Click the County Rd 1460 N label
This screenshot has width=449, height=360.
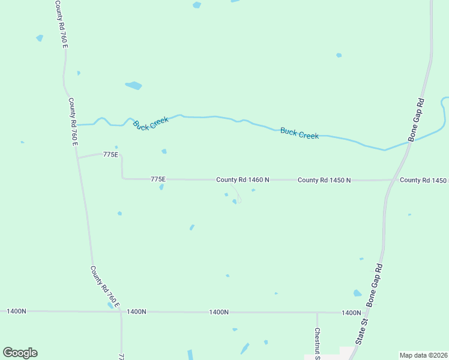tap(243, 179)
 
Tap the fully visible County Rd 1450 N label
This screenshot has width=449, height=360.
tap(324, 180)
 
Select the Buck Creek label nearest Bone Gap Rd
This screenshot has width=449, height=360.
tap(300, 133)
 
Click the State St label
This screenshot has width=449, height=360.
tap(361, 331)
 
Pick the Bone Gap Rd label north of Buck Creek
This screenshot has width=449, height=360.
tap(417, 119)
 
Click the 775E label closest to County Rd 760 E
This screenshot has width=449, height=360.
tap(110, 155)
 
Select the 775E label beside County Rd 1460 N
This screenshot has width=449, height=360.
tap(158, 179)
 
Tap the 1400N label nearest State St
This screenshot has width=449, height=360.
tap(351, 313)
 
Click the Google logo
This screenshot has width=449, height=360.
tap(20, 353)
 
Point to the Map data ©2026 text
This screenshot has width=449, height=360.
tap(423, 355)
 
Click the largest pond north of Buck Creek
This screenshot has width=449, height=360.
tap(133, 85)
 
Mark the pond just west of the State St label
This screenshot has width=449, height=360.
tap(357, 293)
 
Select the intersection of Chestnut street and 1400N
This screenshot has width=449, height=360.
tap(317, 313)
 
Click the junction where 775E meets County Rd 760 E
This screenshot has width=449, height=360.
tap(77, 158)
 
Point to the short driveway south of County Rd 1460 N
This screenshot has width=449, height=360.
tap(237, 193)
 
